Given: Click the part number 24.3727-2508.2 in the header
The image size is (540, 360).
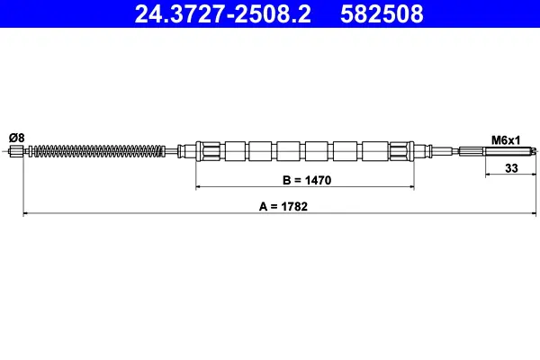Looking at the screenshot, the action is (x=223, y=13).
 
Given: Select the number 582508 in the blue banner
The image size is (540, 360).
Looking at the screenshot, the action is (x=382, y=13).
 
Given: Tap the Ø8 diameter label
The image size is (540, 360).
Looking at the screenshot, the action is (x=17, y=138).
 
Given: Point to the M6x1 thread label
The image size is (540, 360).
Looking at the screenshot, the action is (x=506, y=140).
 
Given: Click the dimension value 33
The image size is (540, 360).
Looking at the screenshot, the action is (x=511, y=168).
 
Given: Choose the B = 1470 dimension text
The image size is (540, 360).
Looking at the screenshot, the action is (x=307, y=180).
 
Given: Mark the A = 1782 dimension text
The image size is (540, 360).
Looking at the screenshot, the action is (x=283, y=206).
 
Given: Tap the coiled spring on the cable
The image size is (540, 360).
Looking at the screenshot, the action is (x=99, y=151).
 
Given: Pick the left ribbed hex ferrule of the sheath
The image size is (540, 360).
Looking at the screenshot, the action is (x=208, y=151).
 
